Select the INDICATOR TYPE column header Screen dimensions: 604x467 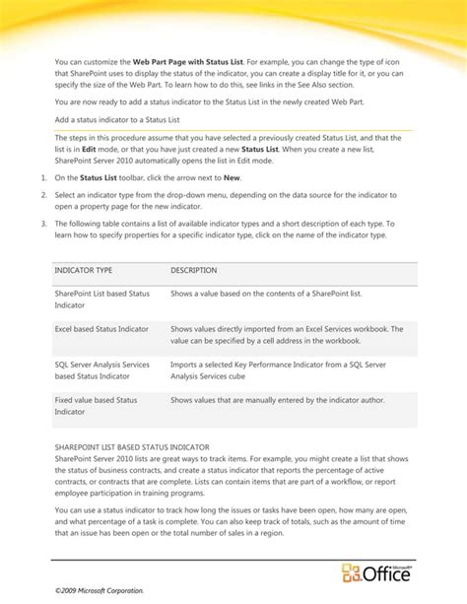[x=84, y=270]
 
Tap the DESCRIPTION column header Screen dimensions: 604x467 [x=194, y=270]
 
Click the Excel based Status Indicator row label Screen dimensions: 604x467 [x=102, y=328]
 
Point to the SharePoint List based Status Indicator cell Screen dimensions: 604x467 [x=102, y=300]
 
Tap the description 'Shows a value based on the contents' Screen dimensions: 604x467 [x=266, y=294]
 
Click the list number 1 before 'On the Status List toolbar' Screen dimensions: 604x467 [x=44, y=177]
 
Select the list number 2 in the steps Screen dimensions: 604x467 [x=44, y=196]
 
